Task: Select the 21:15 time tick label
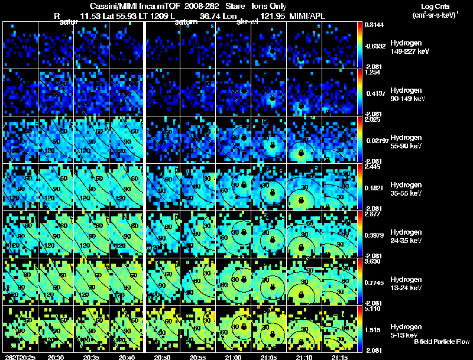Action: [340, 357]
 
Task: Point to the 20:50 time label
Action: [162, 357]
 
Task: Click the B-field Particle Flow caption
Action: [442, 342]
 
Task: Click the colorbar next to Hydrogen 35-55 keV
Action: [360, 187]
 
